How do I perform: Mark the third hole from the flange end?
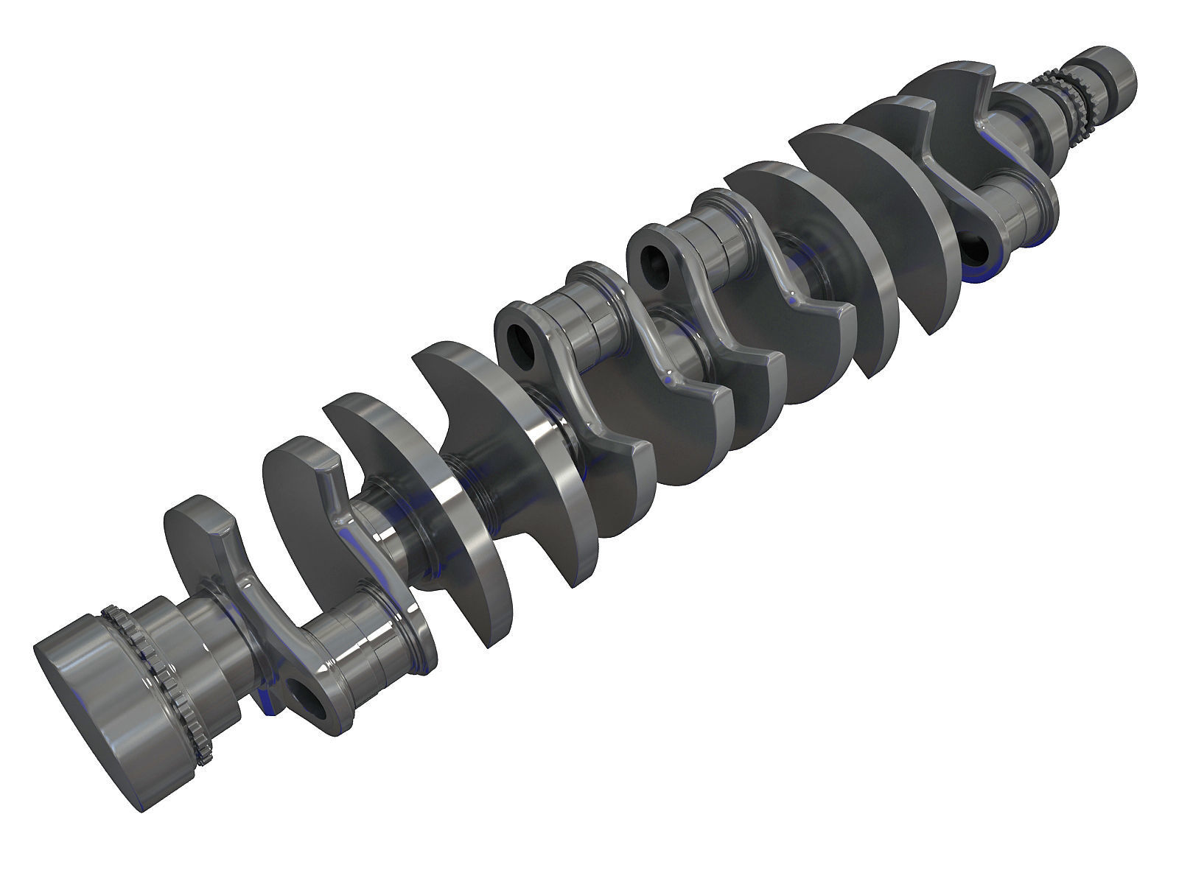[653, 259]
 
